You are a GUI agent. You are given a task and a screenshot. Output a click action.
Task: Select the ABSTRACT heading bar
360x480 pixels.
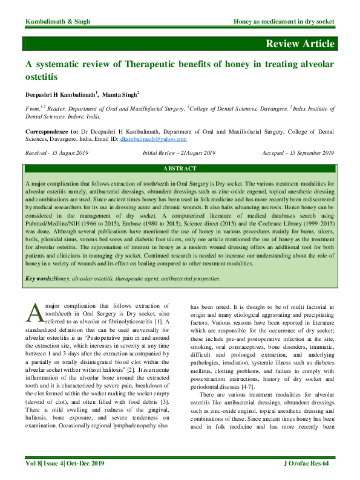pos(180,168)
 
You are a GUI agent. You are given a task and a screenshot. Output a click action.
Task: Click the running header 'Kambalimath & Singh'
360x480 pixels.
pos(57,22)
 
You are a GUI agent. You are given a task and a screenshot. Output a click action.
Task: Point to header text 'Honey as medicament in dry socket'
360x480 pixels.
pos(284,22)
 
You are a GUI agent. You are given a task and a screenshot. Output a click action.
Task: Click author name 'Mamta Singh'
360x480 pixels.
pos(120,95)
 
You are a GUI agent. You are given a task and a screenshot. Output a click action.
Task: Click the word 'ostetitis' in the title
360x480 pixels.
pos(41,78)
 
